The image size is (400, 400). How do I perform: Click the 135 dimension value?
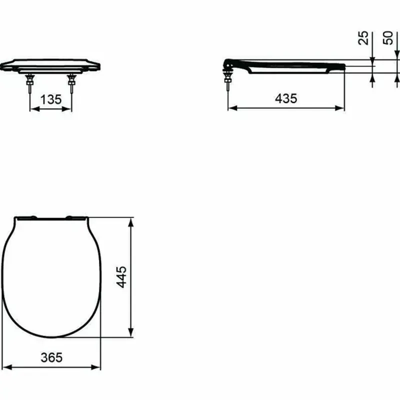51,99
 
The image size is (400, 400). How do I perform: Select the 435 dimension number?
286,98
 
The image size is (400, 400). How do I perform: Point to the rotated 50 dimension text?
388,37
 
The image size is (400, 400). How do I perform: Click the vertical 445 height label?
122,277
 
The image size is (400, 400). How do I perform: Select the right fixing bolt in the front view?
71,83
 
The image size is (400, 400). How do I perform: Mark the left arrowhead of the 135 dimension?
33,108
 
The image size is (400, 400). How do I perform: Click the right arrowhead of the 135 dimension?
69,108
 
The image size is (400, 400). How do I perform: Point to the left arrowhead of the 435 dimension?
231,108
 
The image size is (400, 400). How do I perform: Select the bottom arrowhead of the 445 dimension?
131,333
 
